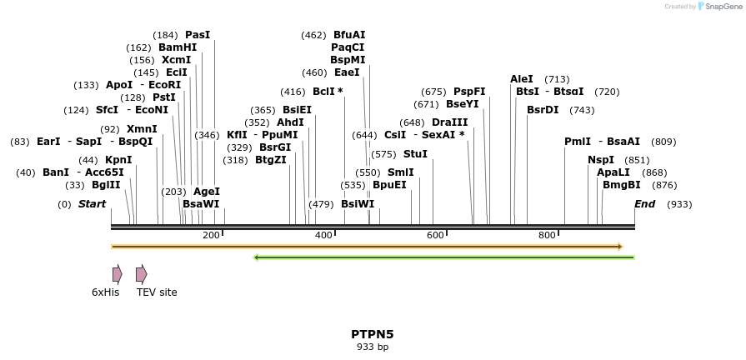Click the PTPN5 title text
click(x=372, y=334)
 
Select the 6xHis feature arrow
click(x=118, y=274)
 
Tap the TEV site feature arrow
click(x=141, y=274)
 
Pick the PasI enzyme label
click(x=198, y=35)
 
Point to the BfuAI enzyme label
click(x=349, y=35)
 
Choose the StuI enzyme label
click(x=415, y=154)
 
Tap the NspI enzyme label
click(x=601, y=160)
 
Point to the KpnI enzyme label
click(x=118, y=160)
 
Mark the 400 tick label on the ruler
click(x=323, y=236)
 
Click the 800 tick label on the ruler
click(x=547, y=236)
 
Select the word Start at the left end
click(x=93, y=204)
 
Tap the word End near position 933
click(x=644, y=204)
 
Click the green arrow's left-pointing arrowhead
click(x=258, y=257)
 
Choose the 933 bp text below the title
click(x=372, y=347)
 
